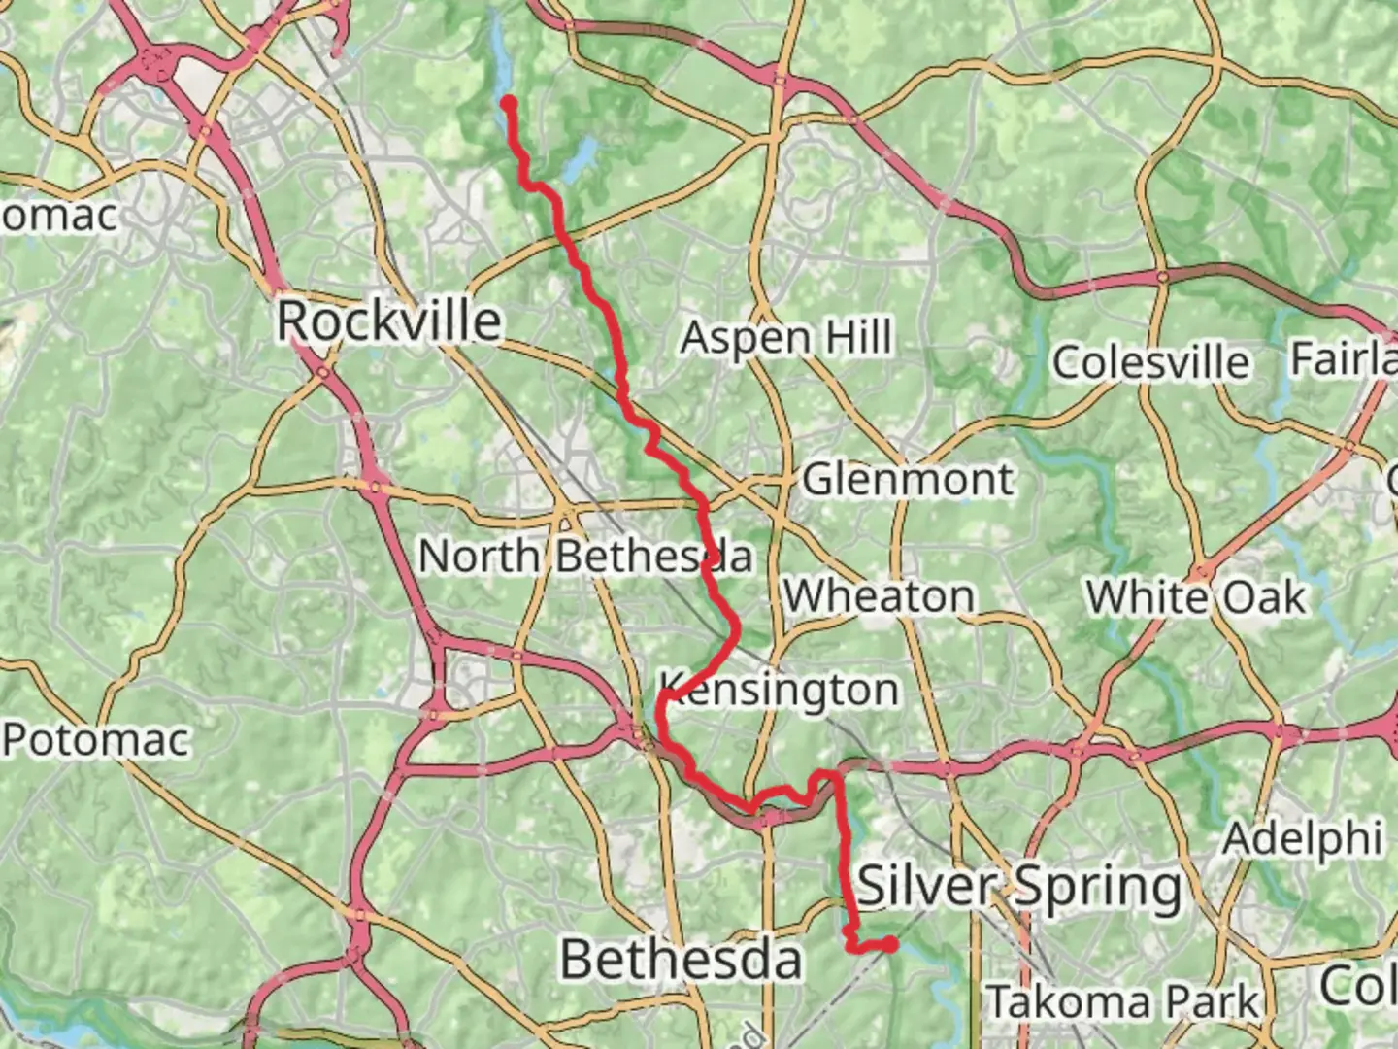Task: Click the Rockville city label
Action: [389, 321]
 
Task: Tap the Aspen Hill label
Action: [786, 338]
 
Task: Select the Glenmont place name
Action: [908, 480]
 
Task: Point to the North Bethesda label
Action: [585, 557]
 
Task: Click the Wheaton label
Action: [880, 596]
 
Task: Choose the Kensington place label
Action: [780, 691]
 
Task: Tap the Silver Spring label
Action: [1020, 886]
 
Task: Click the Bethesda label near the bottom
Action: [682, 960]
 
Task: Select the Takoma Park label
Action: [1122, 1001]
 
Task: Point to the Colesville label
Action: [1151, 362]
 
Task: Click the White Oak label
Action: [1196, 597]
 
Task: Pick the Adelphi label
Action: [1302, 838]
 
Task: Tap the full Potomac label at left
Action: [95, 740]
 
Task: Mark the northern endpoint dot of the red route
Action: [508, 102]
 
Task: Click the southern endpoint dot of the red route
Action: [889, 943]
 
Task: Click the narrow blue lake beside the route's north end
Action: [497, 49]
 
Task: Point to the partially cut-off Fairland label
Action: [1345, 360]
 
